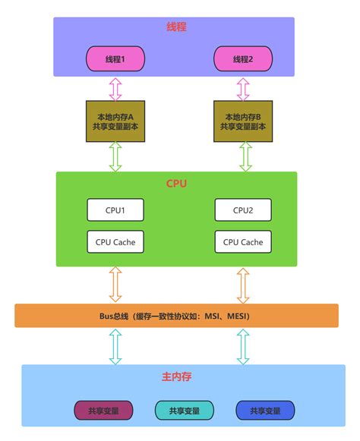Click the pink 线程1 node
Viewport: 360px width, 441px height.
[115, 59]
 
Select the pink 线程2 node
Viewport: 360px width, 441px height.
[243, 59]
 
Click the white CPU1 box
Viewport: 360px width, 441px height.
[115, 210]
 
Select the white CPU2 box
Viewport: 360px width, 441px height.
[243, 210]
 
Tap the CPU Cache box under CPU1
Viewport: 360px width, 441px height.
[115, 242]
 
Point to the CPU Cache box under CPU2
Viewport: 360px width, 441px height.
[243, 242]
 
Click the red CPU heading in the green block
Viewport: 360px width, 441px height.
[176, 184]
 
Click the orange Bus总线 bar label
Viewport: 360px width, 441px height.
[176, 315]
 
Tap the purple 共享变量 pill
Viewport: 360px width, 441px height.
[103, 411]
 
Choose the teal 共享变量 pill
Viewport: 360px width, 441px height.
[184, 411]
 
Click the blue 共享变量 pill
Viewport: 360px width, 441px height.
[265, 411]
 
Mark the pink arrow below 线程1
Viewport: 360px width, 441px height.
[115, 89]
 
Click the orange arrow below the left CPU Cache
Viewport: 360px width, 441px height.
[115, 285]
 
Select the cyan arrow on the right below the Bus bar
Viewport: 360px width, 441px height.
[243, 346]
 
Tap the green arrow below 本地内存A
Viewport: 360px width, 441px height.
[115, 156]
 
